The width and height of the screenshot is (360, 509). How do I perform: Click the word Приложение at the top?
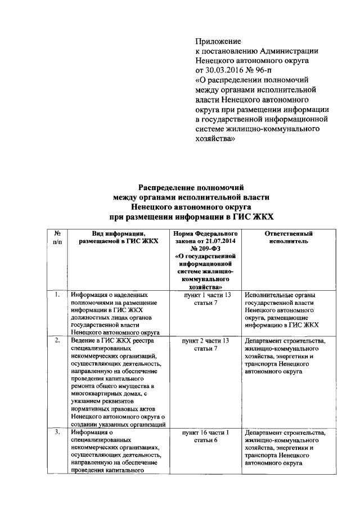(x=218, y=42)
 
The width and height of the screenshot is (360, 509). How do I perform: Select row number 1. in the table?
(x=57, y=295)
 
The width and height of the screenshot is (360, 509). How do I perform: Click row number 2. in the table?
(x=57, y=341)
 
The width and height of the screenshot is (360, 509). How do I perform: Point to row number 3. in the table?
(x=57, y=433)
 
